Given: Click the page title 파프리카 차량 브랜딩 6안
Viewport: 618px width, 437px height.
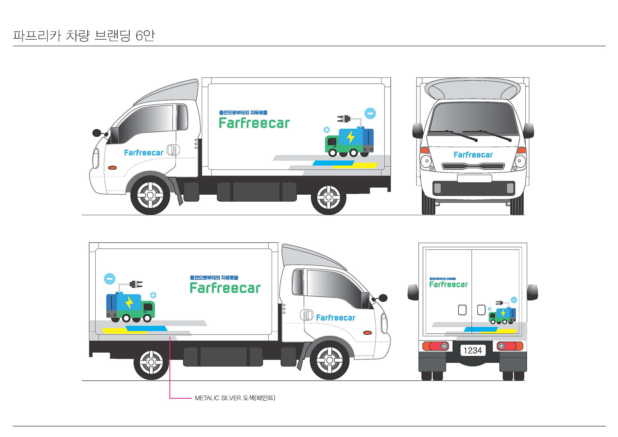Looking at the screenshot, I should (x=84, y=35).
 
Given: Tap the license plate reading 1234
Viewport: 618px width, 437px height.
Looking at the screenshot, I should (x=473, y=350).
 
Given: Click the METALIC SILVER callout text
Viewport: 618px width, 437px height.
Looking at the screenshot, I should (x=235, y=398).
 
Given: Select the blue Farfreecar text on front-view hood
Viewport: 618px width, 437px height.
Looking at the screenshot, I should (x=473, y=155).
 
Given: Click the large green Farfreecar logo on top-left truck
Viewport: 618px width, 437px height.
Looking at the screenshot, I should (x=254, y=123).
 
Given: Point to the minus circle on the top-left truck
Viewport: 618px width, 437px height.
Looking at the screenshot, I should (x=370, y=113).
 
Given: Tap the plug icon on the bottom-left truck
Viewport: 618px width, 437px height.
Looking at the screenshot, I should (x=136, y=284).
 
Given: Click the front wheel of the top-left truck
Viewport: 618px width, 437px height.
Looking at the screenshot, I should (x=150, y=195).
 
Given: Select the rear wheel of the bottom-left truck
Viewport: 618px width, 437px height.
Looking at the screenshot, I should (x=151, y=362).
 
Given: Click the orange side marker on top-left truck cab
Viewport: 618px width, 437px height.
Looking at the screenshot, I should (x=112, y=168).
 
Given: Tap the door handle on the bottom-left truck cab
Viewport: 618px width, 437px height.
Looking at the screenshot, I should (x=307, y=315).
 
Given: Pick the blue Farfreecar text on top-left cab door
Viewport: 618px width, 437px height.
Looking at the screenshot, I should (x=144, y=153).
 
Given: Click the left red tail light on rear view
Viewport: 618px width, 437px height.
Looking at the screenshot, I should (x=435, y=346).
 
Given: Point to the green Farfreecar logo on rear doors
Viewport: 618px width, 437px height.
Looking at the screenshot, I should (x=448, y=284).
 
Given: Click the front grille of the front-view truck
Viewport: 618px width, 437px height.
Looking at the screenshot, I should (x=473, y=166).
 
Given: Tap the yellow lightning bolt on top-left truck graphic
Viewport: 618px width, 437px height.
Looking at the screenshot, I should (x=351, y=137).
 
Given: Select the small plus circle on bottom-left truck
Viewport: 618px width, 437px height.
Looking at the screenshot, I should (x=153, y=295).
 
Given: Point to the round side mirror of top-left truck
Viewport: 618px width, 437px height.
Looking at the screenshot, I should (x=97, y=133).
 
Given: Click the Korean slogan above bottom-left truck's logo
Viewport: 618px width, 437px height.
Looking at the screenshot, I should (x=214, y=278).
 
